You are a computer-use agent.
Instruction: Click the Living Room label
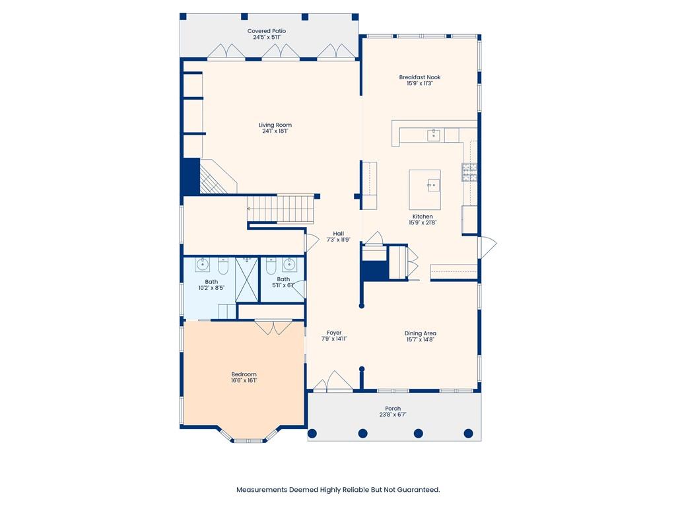coord(275,125)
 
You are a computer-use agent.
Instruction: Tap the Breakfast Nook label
coord(419,77)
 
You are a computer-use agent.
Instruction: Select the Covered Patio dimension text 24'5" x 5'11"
coord(267,38)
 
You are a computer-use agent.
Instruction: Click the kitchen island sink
coord(433,186)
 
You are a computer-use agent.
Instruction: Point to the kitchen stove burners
coord(469,172)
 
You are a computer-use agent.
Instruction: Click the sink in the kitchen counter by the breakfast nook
coord(433,135)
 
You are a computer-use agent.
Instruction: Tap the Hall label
coord(339,234)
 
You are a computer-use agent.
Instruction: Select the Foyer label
coord(334,333)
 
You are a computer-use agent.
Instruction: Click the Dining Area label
coord(421,333)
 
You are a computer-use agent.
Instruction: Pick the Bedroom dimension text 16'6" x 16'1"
coord(244,381)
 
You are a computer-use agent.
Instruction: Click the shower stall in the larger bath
coord(247,279)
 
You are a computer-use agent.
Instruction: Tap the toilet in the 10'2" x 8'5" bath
coord(223,265)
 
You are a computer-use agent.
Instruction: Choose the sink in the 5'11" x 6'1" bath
coord(290,264)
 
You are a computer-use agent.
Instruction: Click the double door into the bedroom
coord(273,327)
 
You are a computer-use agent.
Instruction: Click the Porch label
coord(393,408)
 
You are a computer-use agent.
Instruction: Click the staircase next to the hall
coord(281,209)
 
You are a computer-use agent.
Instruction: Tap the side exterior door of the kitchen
coord(488,246)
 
